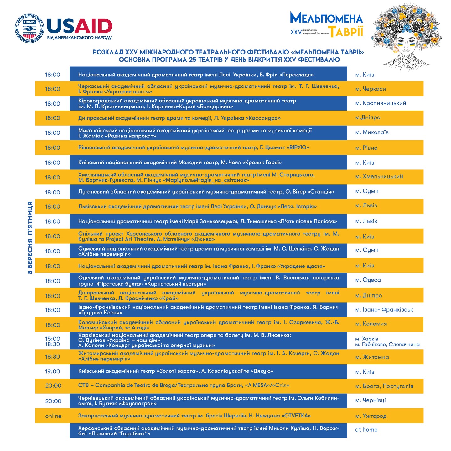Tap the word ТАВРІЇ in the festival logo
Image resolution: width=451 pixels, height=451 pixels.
346,32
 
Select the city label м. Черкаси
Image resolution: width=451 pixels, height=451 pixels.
371,89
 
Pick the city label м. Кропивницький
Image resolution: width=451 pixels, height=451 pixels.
381,103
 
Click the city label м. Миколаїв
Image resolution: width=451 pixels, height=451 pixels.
372,132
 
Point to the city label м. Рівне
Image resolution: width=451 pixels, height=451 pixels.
366,148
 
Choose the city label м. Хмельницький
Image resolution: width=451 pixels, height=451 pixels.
379,176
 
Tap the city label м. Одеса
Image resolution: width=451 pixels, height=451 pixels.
368,280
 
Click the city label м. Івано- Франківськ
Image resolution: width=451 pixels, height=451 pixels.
384,310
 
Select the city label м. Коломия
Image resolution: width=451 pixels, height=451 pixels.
371,324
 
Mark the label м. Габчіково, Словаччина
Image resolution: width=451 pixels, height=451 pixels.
387,345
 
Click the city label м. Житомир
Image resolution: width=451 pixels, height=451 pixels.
372,357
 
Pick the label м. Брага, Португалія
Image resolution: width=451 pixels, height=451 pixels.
384,386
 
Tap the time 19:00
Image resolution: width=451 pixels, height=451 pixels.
53,371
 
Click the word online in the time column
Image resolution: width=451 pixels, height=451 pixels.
53,416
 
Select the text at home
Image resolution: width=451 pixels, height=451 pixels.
366,430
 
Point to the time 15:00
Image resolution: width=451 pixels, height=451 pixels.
53,339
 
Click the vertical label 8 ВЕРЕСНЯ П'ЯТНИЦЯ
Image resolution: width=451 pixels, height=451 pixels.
30,238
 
